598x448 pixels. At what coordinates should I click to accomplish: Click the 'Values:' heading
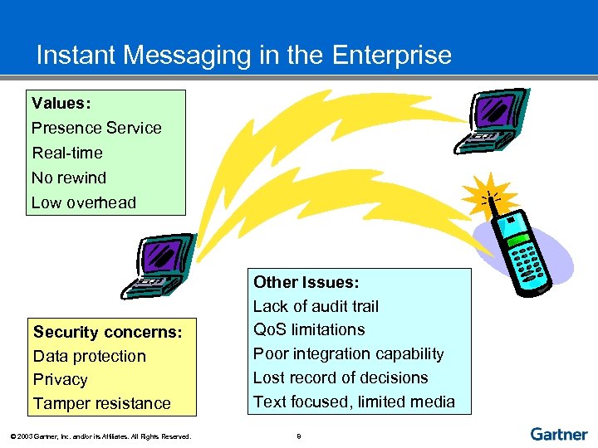coord(61,104)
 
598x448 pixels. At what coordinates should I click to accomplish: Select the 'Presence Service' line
coord(96,128)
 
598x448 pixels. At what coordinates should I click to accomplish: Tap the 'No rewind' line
coord(69,178)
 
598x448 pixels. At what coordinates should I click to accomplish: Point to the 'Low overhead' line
coord(84,202)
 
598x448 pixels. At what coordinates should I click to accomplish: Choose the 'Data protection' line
coord(90,356)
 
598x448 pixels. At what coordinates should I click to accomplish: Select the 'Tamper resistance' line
coord(102,403)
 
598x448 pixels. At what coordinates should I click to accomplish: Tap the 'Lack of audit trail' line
coord(316,306)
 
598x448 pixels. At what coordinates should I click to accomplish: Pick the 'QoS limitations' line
coord(309,329)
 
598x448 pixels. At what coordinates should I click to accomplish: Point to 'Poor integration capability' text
coord(348,353)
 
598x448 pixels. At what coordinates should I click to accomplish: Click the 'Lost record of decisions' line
coord(341,377)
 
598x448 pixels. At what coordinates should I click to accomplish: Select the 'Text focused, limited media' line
coord(354,402)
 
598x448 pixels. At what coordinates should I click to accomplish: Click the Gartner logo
coord(559,434)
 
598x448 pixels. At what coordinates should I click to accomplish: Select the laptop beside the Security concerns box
coord(158,265)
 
